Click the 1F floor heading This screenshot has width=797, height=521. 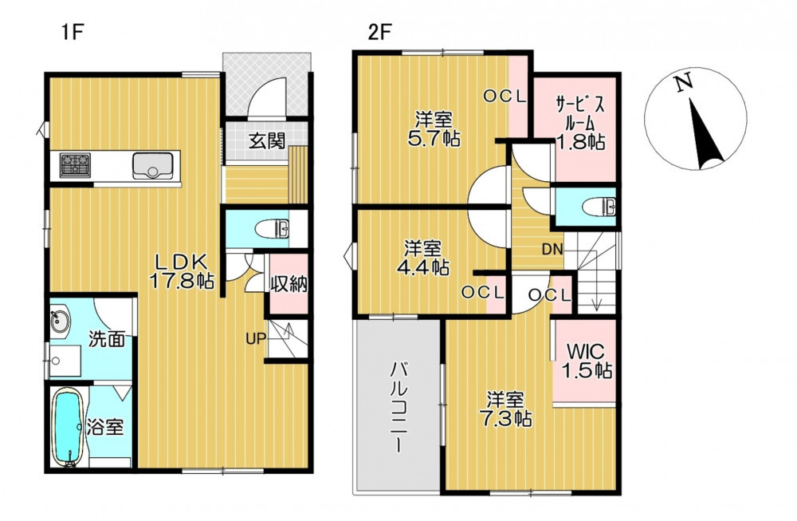73,33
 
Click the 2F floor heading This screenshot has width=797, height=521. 379,33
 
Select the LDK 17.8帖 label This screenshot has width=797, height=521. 181,272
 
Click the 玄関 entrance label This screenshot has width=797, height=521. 266,140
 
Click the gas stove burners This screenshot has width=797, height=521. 75,165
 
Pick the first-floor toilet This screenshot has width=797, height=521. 274,228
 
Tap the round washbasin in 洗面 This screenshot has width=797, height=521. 60,321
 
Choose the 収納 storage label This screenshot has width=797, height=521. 289,283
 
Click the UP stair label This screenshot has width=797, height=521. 256,338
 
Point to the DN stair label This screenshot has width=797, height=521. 552,249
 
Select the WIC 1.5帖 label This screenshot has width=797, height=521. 586,361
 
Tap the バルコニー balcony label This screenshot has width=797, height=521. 398,407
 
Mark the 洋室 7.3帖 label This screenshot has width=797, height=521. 505,409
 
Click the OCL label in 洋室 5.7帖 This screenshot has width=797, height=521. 505,97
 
